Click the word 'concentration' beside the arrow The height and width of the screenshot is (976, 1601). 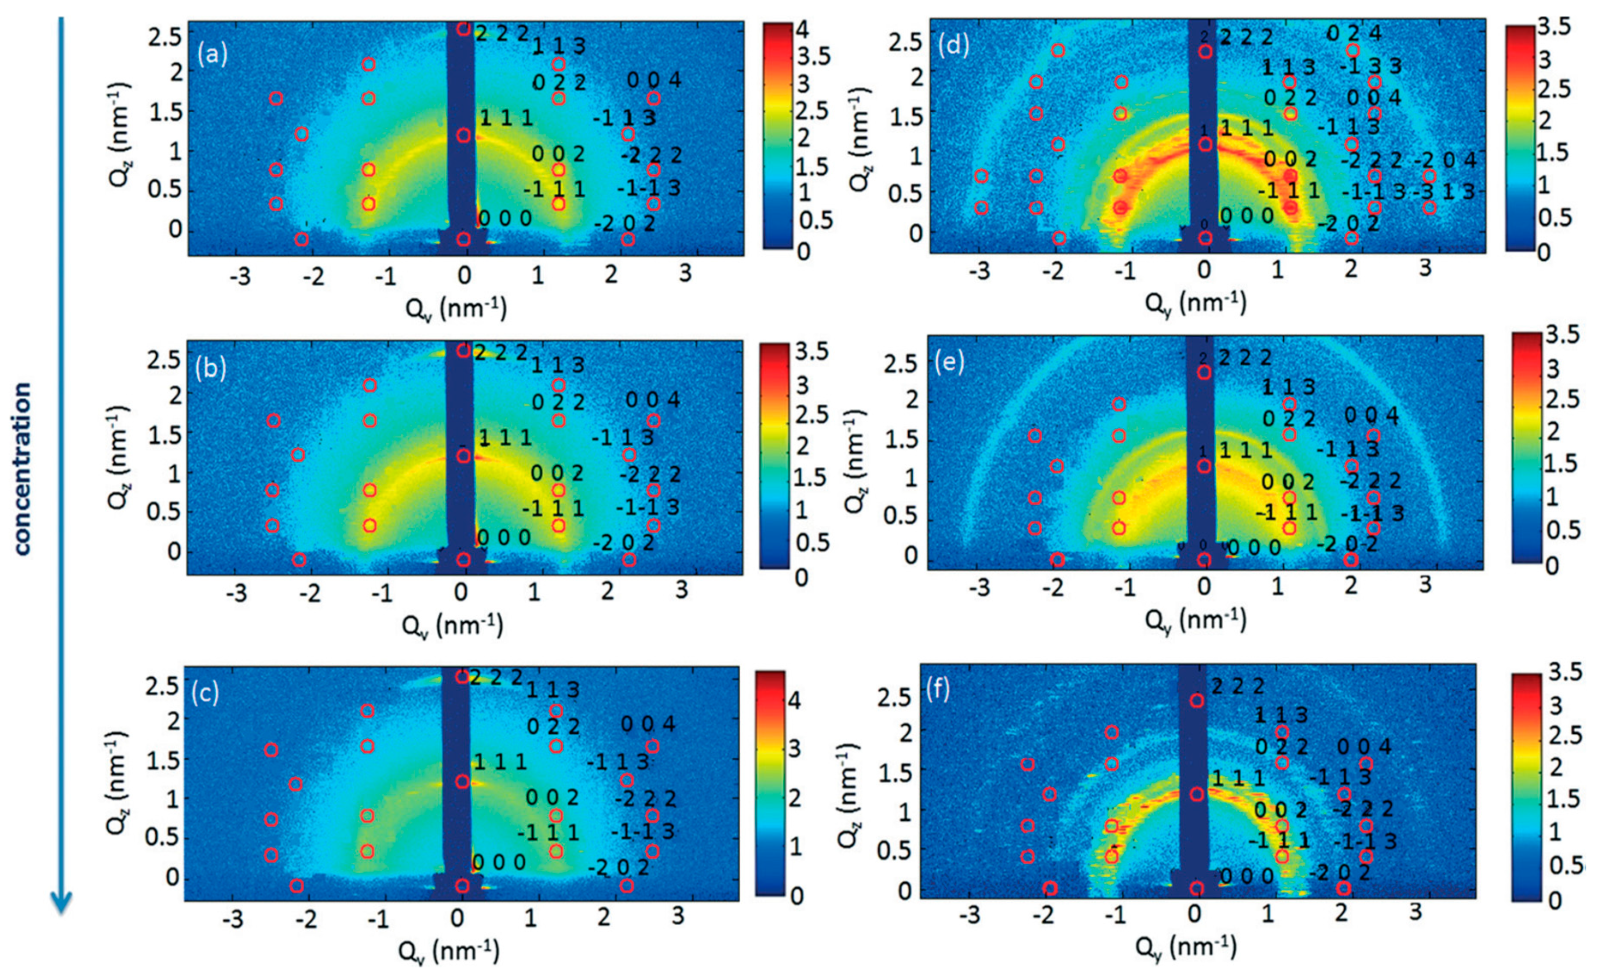(x=22, y=469)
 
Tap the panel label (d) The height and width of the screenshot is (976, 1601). (x=953, y=45)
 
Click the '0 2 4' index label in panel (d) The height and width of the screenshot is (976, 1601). (x=1354, y=33)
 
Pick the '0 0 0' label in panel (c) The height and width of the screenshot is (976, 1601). (x=499, y=863)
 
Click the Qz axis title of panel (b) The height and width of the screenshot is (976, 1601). (x=120, y=459)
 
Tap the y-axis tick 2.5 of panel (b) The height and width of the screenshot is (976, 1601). (x=164, y=359)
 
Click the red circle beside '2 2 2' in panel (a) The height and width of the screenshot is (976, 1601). (x=463, y=29)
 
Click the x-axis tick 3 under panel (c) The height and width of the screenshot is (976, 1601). (x=678, y=917)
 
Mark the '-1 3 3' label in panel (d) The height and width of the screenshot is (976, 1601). (x=1371, y=66)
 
